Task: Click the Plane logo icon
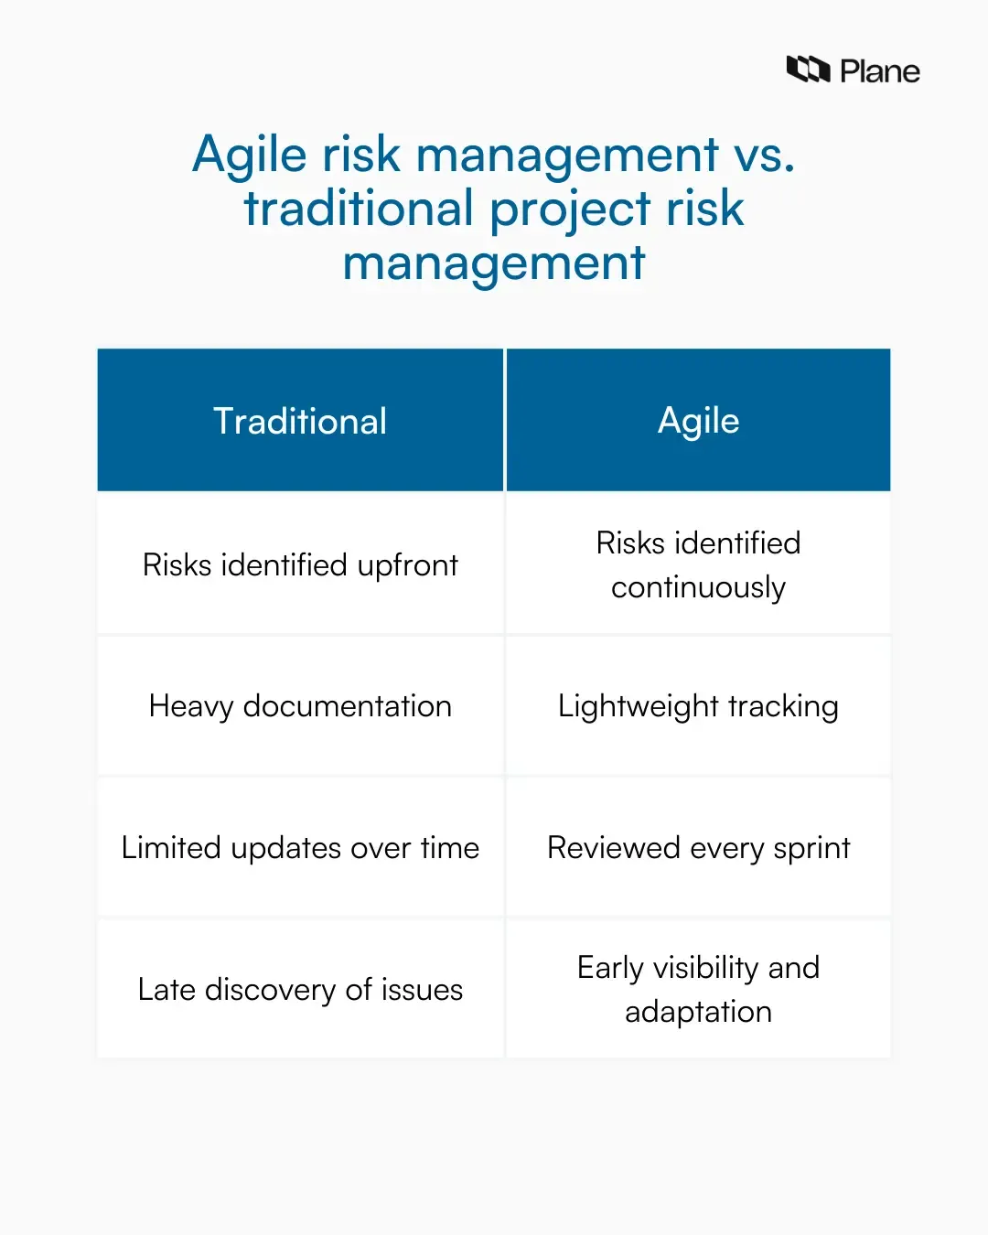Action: (808, 70)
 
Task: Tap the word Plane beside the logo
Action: (879, 71)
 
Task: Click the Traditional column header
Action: (300, 421)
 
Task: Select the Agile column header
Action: (698, 421)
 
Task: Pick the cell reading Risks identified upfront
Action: (300, 565)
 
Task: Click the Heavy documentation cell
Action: (300, 706)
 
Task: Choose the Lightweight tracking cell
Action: (698, 706)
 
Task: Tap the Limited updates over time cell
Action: (300, 848)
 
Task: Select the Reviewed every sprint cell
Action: (698, 848)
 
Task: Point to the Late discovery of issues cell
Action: (300, 990)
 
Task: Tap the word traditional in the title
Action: (358, 209)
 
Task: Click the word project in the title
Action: (570, 210)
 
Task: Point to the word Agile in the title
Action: (249, 156)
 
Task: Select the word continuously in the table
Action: (698, 587)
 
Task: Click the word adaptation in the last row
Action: (698, 1012)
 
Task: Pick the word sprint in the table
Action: (811, 849)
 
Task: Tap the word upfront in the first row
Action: (407, 566)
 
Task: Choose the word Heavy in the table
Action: (191, 707)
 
